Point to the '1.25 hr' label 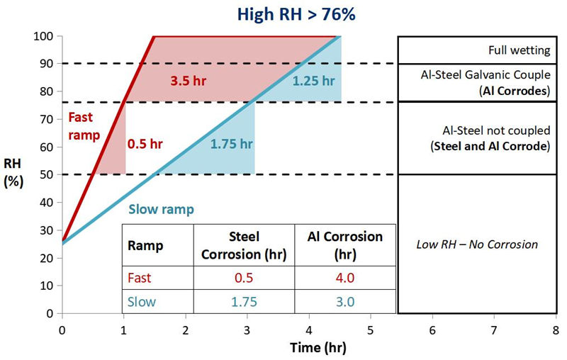pos(313,80)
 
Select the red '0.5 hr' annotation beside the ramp pos(145,144)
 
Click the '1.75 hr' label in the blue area pos(232,144)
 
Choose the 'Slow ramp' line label pos(162,210)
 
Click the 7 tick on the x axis pos(493,330)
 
